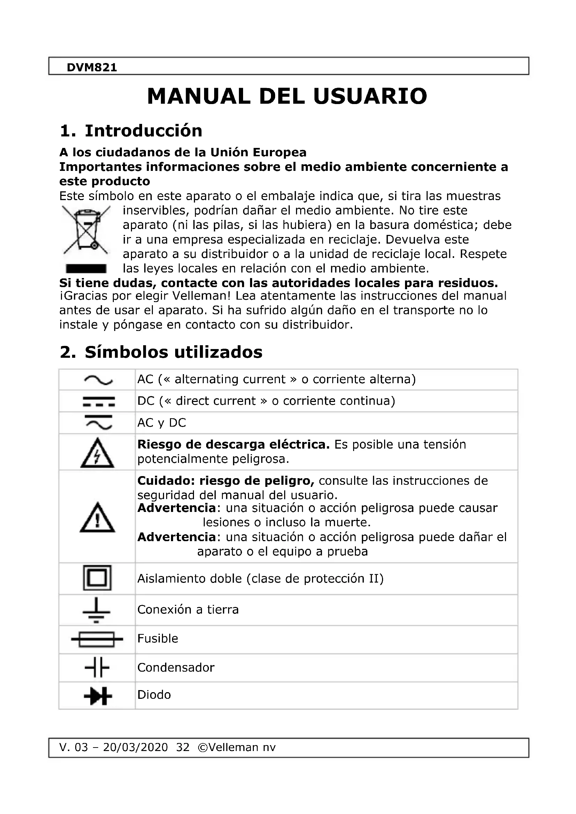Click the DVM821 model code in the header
point(92,68)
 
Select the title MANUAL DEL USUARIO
point(287,96)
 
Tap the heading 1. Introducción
point(131,131)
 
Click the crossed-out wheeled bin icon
point(86,230)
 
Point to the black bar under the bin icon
point(86,269)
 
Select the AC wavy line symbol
point(98,380)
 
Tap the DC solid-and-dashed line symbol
point(98,401)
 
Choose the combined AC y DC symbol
point(98,422)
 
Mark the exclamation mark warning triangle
point(97,518)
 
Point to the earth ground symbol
point(96,610)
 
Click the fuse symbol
point(97,639)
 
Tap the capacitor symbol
point(97,668)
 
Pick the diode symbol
point(98,696)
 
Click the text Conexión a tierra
point(188,610)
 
